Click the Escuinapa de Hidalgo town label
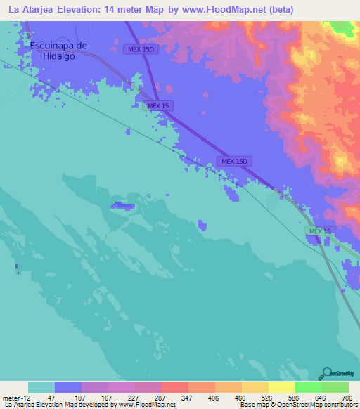[x=59, y=51]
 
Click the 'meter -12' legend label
[x=15, y=398]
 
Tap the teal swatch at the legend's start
[x=41, y=387]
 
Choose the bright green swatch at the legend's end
[x=335, y=387]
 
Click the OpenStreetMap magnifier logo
[x=326, y=373]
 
